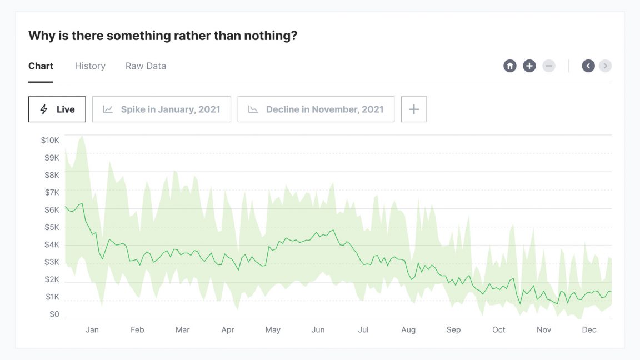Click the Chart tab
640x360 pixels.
(41, 66)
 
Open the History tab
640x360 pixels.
(90, 66)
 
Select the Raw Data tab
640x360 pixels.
(146, 66)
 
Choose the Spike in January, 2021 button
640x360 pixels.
(162, 109)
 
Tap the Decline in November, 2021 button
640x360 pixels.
(316, 109)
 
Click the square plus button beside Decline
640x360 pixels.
(414, 109)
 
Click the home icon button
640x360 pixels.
(510, 66)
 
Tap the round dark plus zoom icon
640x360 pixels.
(529, 66)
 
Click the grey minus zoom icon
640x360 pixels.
(549, 66)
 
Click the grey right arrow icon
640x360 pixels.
(606, 66)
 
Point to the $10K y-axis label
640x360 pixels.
(50, 141)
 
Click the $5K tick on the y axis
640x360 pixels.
(52, 227)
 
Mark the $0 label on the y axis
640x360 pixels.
(54, 314)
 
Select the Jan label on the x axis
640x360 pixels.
(92, 330)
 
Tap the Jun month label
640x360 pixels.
(318, 330)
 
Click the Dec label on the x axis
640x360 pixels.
(589, 330)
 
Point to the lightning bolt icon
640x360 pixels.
(44, 109)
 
